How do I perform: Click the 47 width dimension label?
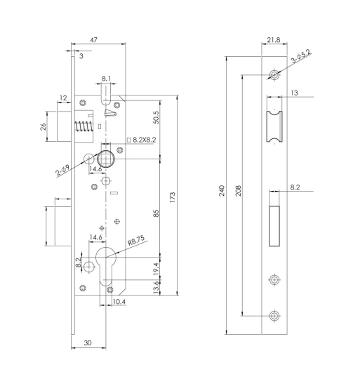pyautogui.click(x=93, y=39)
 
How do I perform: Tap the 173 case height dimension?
pyautogui.click(x=172, y=197)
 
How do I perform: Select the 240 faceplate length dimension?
pyautogui.click(x=222, y=191)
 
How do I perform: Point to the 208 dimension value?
pyautogui.click(x=238, y=191)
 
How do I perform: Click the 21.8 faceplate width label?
pyautogui.click(x=274, y=39)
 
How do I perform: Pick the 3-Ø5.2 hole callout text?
pyautogui.click(x=301, y=56)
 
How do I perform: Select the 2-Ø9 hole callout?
pyautogui.click(x=62, y=170)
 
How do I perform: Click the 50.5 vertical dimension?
pyautogui.click(x=156, y=118)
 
